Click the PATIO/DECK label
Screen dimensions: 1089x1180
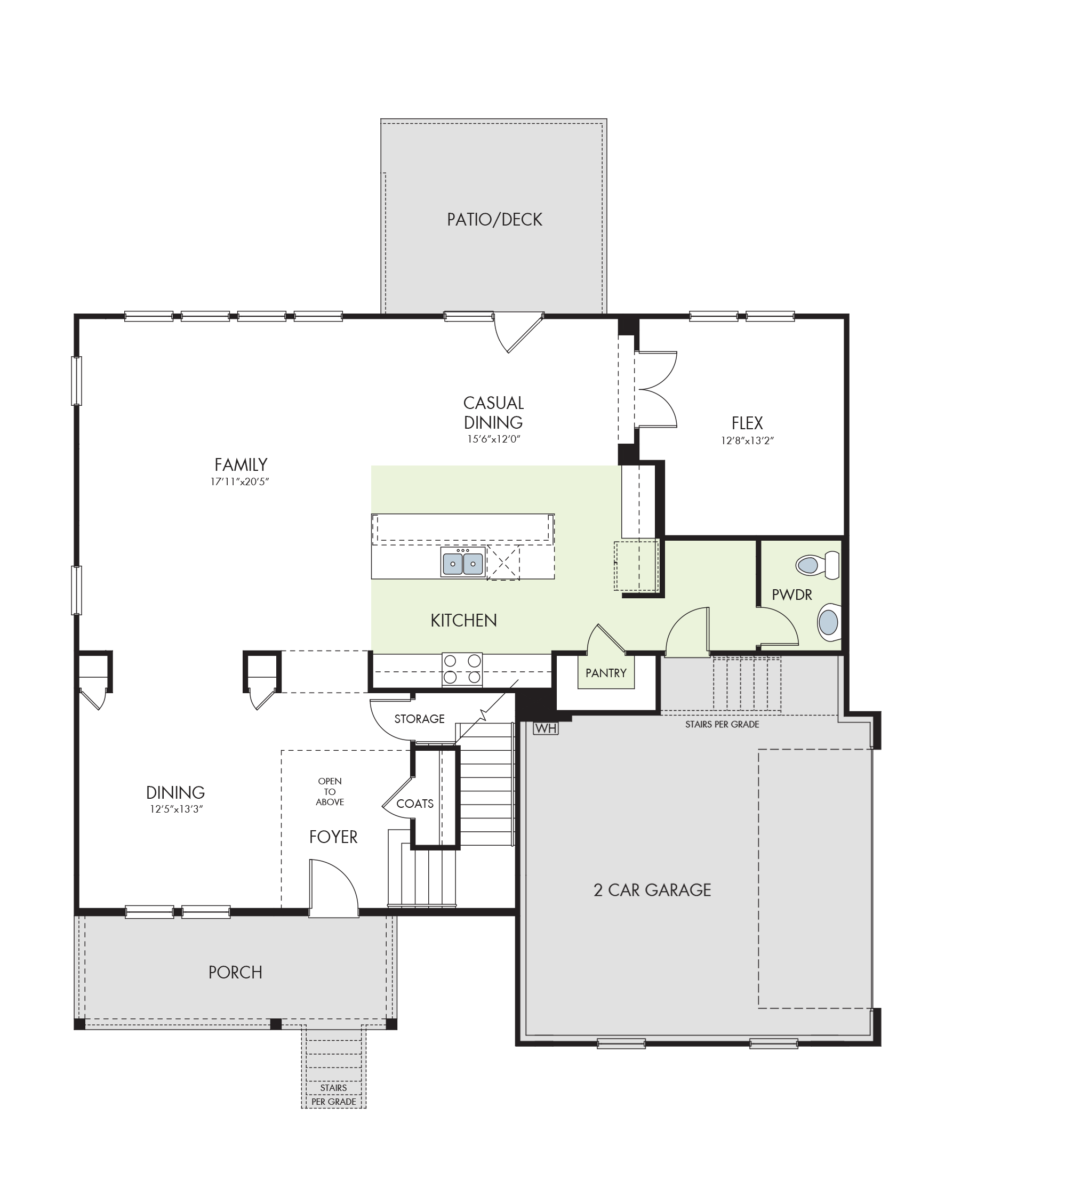[x=494, y=220]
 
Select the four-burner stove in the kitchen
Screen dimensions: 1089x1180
[x=462, y=669]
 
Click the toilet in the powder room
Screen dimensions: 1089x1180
[x=818, y=566]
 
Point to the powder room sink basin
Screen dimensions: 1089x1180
[x=829, y=622]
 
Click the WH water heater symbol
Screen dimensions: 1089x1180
[x=546, y=729]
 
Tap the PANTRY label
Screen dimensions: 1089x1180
[x=606, y=673]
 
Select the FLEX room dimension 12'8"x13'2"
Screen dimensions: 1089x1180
[x=747, y=440]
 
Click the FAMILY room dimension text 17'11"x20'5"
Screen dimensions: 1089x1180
[x=240, y=482]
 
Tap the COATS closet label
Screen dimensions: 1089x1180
[x=415, y=804]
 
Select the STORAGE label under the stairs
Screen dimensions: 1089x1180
[x=420, y=719]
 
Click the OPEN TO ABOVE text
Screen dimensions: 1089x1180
[x=330, y=792]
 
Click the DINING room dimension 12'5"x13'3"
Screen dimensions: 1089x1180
[x=176, y=809]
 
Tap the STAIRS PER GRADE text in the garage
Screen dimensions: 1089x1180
[x=722, y=725]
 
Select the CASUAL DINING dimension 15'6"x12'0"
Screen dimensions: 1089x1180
[x=494, y=439]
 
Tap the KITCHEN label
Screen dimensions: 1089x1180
[x=464, y=620]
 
